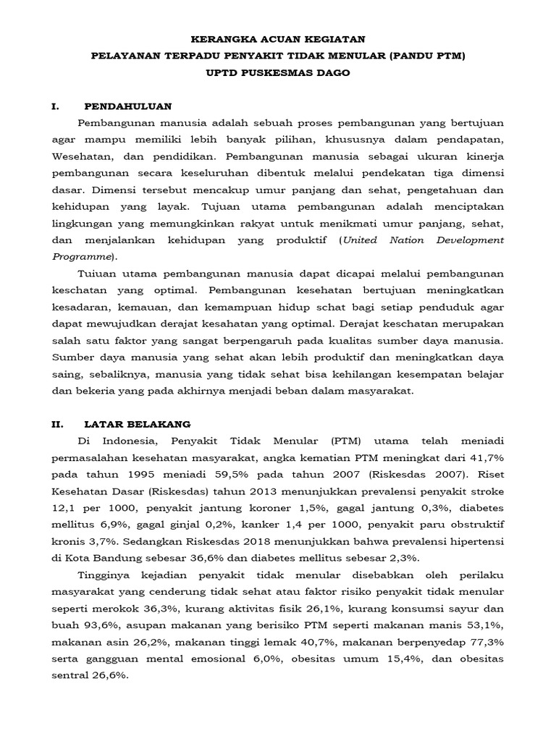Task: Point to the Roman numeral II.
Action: coord(58,423)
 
